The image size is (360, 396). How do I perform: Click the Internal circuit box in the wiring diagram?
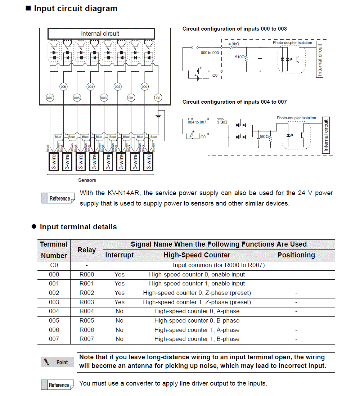pyautogui.click(x=101, y=33)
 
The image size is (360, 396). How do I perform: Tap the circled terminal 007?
pyautogui.click(x=50, y=98)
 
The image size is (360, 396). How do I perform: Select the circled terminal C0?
pyautogui.click(x=158, y=98)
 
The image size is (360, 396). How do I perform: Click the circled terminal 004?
pyautogui.click(x=90, y=86)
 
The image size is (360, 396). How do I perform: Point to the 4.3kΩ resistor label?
pyautogui.click(x=234, y=44)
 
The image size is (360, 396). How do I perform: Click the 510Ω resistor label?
pyautogui.click(x=239, y=57)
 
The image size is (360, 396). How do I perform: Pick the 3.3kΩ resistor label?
pyautogui.click(x=222, y=122)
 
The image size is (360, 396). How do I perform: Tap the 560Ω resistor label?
pyautogui.click(x=265, y=137)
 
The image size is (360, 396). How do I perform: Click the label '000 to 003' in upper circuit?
pyautogui.click(x=210, y=53)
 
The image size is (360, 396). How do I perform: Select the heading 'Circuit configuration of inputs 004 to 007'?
pyautogui.click(x=234, y=102)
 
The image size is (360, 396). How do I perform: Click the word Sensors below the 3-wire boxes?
pyautogui.click(x=87, y=180)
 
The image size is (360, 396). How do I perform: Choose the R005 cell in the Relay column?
pyautogui.click(x=86, y=320)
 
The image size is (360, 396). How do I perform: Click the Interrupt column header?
pyautogui.click(x=120, y=255)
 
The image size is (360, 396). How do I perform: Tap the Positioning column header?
pyautogui.click(x=296, y=255)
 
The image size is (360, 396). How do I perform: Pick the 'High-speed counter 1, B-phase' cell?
pyautogui.click(x=197, y=339)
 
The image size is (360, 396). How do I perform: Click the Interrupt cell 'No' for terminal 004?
pyautogui.click(x=120, y=311)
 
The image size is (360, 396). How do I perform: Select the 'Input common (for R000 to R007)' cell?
pyautogui.click(x=219, y=265)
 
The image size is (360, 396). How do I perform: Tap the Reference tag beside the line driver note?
pyautogui.click(x=58, y=385)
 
